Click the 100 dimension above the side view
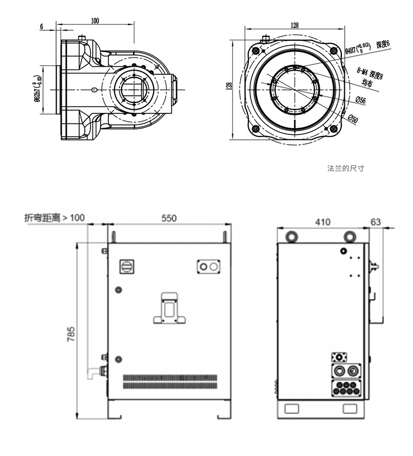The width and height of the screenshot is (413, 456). (95, 20)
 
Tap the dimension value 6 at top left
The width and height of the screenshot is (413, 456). (42, 26)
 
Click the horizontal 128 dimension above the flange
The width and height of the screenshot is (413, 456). (295, 25)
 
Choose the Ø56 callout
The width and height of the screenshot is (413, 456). (361, 100)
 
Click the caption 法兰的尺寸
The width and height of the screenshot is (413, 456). (345, 168)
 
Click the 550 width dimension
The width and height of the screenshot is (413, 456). (169, 218)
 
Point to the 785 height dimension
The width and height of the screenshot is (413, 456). (71, 333)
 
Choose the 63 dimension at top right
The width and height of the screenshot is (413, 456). (376, 222)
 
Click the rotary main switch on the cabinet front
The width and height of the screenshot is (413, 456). (127, 266)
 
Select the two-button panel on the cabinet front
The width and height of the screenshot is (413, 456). (209, 267)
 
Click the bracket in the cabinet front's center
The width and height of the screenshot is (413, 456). (169, 308)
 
